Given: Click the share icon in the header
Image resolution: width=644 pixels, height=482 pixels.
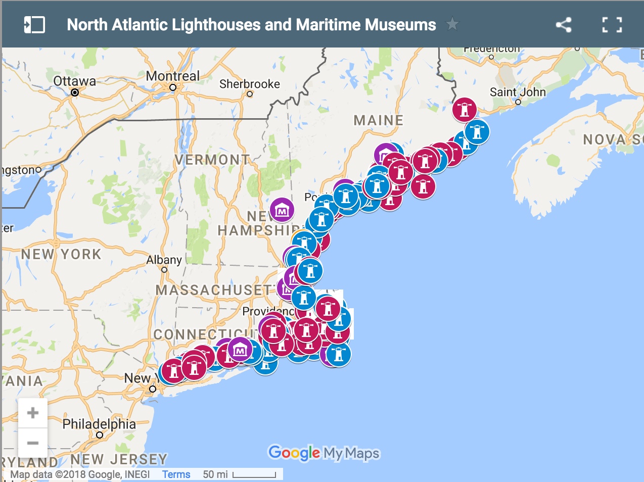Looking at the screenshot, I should (x=564, y=25).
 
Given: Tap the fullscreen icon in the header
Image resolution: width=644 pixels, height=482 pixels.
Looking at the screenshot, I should (x=612, y=25).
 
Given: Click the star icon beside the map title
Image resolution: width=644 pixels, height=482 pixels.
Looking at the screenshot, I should (x=452, y=24).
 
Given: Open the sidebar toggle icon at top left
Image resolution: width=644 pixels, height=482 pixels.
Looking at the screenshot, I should (x=34, y=25).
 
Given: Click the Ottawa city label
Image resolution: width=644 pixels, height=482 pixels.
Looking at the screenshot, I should (x=74, y=81).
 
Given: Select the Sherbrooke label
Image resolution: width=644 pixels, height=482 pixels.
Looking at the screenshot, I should (x=249, y=84).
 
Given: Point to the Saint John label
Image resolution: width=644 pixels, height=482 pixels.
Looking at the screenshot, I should (x=518, y=92).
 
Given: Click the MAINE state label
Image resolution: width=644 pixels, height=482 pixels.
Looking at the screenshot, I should (x=379, y=120).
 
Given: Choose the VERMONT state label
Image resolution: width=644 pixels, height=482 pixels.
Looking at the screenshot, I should (x=212, y=160).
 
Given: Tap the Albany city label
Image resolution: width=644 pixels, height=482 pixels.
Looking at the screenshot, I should (x=164, y=260).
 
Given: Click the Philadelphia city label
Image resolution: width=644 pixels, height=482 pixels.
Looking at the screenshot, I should (x=99, y=424).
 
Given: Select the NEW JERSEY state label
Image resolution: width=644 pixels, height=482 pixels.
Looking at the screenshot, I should (x=119, y=459).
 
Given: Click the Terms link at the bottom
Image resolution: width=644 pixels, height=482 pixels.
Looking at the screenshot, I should (x=176, y=474).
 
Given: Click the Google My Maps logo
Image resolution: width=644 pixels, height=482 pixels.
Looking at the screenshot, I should (x=324, y=453).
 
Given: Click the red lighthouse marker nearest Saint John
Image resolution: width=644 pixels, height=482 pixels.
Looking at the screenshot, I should (x=465, y=109).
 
